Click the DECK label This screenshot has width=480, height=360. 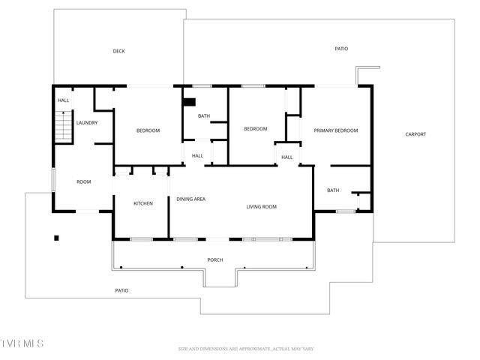coord(118,52)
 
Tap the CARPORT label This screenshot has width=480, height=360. coord(415,134)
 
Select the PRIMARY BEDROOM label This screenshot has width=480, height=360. coord(335,130)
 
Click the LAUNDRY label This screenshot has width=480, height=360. coord(86,123)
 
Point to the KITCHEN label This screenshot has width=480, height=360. coord(143,203)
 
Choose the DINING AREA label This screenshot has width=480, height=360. coord(190,199)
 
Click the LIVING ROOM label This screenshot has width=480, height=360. coord(262,206)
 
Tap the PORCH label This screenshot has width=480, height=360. coord(215,259)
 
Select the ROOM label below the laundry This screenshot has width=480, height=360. coord(83,181)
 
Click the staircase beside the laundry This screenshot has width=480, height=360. coord(63,125)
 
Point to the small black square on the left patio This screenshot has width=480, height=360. coord(56,238)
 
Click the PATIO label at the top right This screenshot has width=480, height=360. coord(341,49)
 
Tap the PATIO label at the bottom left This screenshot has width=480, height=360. coord(121,290)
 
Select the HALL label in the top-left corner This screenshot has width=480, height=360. coord(63,100)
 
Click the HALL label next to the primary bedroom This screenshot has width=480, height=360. coord(287,157)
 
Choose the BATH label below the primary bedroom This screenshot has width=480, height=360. coord(332,190)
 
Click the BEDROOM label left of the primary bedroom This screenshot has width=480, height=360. coord(256,129)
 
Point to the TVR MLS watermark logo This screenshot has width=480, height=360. coord(22,343)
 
